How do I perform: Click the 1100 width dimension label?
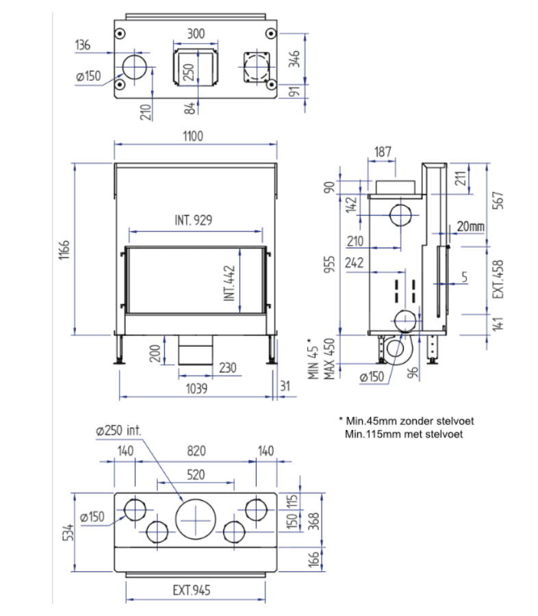click(193, 136)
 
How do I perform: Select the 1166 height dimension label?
click(64, 249)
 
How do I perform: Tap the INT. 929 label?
click(193, 220)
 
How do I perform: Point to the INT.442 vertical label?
click(229, 283)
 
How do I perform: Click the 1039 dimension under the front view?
click(196, 389)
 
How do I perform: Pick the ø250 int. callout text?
click(118, 431)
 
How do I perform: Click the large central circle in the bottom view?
click(195, 519)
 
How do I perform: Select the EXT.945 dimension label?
click(192, 590)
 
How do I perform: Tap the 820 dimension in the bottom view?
click(196, 450)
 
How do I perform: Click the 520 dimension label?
click(196, 474)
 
